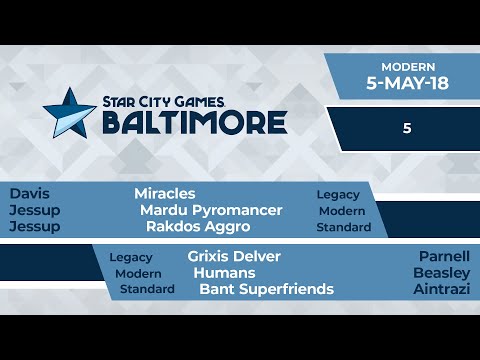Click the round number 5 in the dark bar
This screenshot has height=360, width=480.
click(x=408, y=129)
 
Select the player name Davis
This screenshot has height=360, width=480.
click(x=28, y=193)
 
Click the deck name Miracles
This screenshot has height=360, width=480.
click(x=165, y=193)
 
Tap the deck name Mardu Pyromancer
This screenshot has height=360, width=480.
click(x=211, y=210)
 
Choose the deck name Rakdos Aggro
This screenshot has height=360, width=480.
click(x=197, y=227)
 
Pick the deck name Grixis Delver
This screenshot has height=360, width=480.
click(x=234, y=256)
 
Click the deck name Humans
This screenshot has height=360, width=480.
click(x=224, y=273)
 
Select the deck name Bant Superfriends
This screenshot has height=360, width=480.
click(x=266, y=290)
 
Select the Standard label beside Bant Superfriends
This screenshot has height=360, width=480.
click(x=147, y=290)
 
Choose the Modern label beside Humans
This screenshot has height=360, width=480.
click(x=138, y=273)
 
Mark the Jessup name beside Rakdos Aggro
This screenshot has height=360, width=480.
click(x=34, y=227)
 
